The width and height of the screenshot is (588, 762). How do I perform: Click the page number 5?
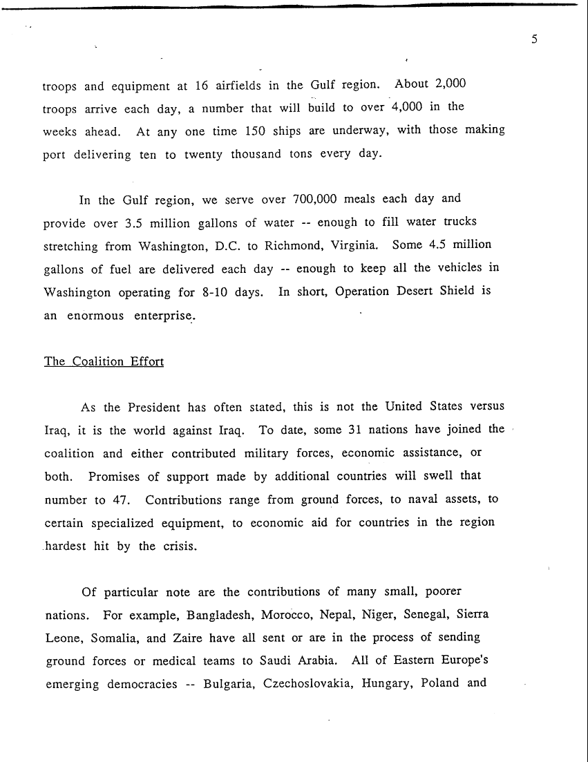click(x=534, y=39)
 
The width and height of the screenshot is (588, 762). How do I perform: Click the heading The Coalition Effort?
click(x=104, y=361)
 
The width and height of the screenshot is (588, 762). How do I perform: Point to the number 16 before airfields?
click(x=202, y=86)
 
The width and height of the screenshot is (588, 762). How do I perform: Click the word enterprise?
click(x=160, y=316)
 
